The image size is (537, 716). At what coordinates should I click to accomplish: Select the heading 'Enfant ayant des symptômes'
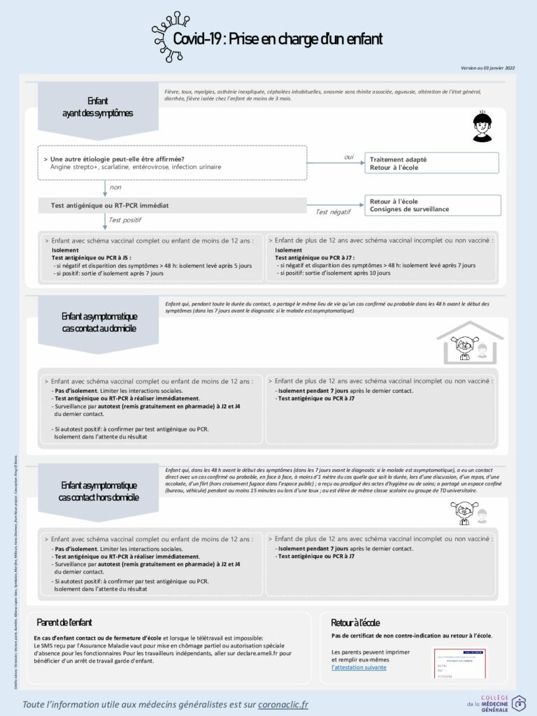point(97,107)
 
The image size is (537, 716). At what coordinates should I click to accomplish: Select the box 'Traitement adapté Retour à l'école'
point(431,164)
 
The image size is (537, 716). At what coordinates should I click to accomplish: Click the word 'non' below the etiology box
point(115,187)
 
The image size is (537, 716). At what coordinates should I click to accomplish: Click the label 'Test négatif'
point(333,212)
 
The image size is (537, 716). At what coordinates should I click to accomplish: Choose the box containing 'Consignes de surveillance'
point(431,205)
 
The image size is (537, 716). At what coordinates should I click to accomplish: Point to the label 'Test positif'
point(124,220)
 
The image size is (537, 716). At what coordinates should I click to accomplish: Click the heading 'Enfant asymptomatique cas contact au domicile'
point(99,322)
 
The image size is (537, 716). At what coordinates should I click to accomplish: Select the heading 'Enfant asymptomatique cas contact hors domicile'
point(99,491)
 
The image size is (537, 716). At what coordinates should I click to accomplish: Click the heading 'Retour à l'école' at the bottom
point(355,622)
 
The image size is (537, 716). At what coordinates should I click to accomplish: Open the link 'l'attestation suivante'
point(359,667)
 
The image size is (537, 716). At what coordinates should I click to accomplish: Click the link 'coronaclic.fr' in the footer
point(283,704)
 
